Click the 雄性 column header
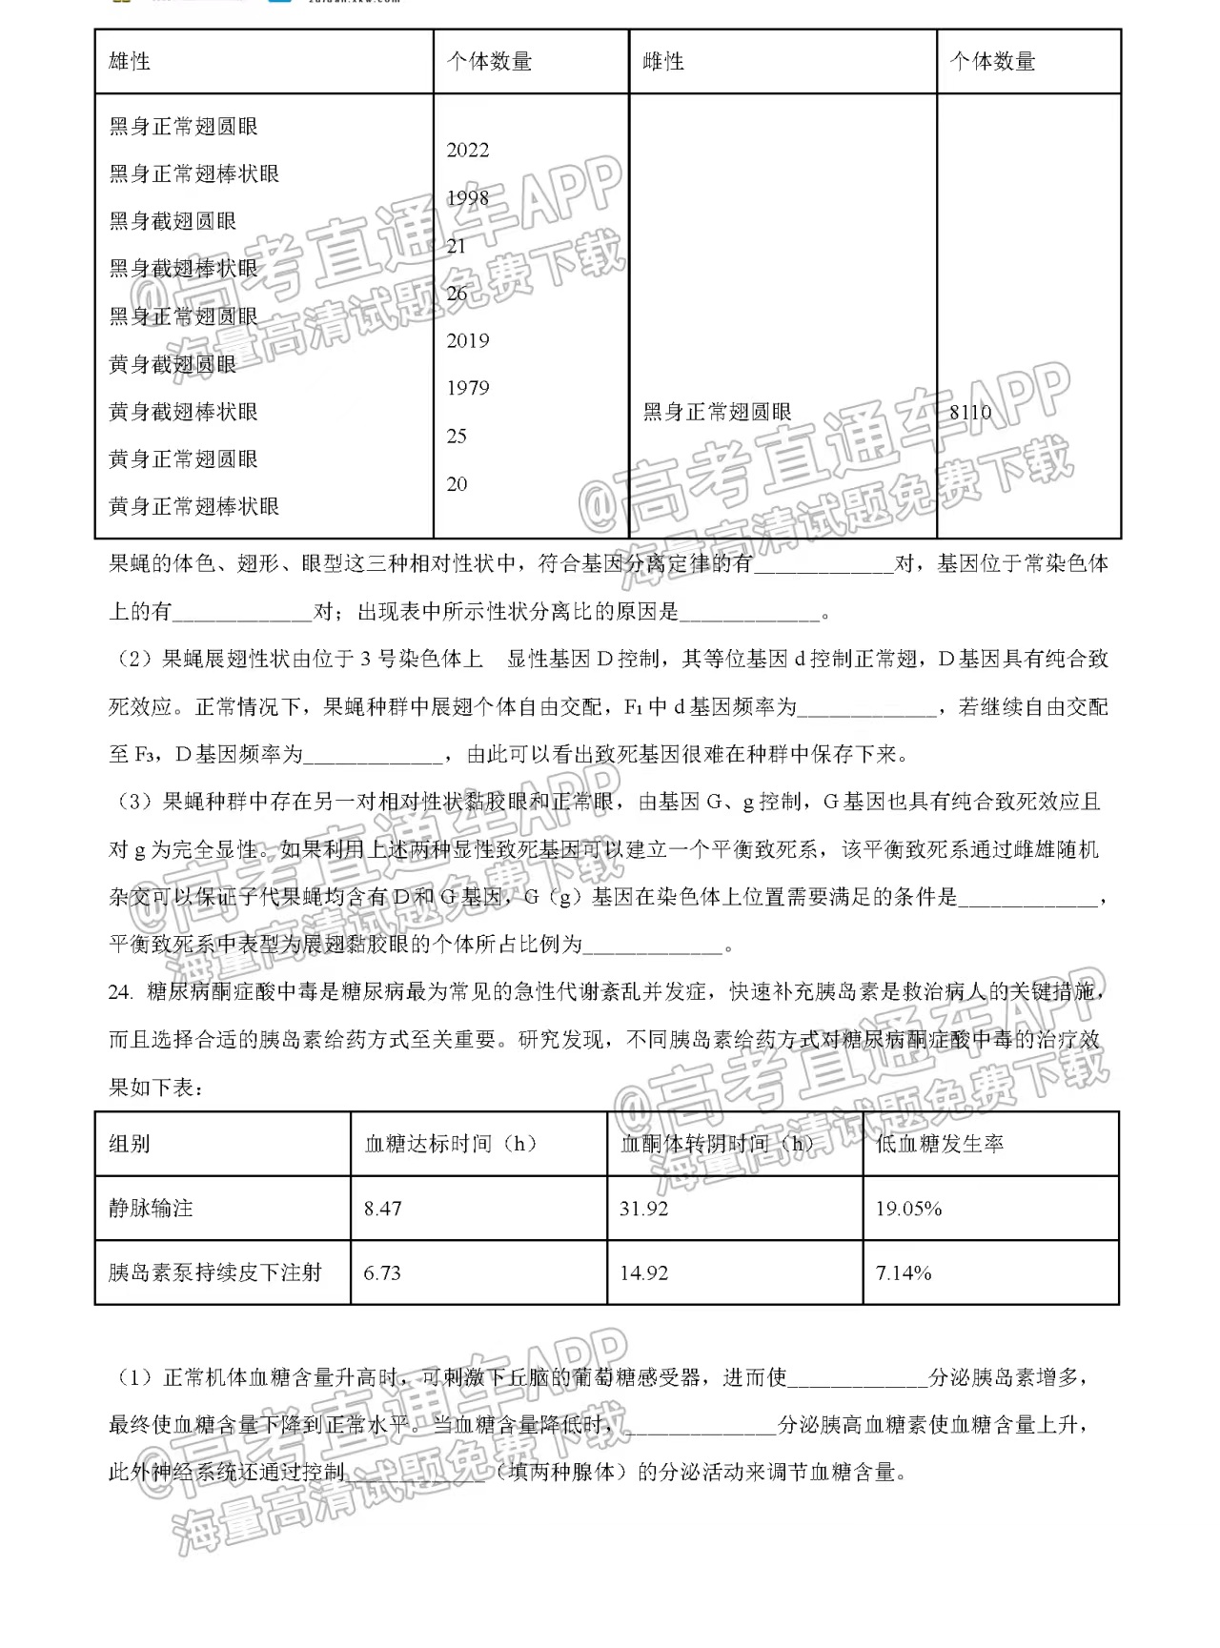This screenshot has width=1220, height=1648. point(131,62)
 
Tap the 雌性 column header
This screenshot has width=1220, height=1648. point(664,62)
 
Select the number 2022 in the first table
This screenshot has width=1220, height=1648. point(468,150)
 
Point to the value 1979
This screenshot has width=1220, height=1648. point(468,388)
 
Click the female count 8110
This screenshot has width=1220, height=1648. point(970,412)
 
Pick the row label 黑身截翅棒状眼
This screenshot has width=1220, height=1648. point(184,269)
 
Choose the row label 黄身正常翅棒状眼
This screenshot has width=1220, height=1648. point(194,506)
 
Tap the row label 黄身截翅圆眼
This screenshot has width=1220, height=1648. point(173,364)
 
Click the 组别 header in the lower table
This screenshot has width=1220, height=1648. point(130,1144)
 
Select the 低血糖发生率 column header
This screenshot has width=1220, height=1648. point(940,1144)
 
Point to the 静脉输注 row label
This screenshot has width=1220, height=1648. point(151,1208)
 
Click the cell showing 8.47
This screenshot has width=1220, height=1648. point(383,1209)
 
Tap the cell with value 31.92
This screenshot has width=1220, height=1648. point(644,1209)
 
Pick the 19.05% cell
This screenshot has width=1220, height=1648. point(909,1209)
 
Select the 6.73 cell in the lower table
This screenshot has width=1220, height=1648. point(383,1272)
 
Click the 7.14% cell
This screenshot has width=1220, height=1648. point(904,1272)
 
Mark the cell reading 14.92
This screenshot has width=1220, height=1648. point(644,1272)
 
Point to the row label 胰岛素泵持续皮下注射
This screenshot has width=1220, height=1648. point(215,1272)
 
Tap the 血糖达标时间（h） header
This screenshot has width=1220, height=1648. point(451,1144)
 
